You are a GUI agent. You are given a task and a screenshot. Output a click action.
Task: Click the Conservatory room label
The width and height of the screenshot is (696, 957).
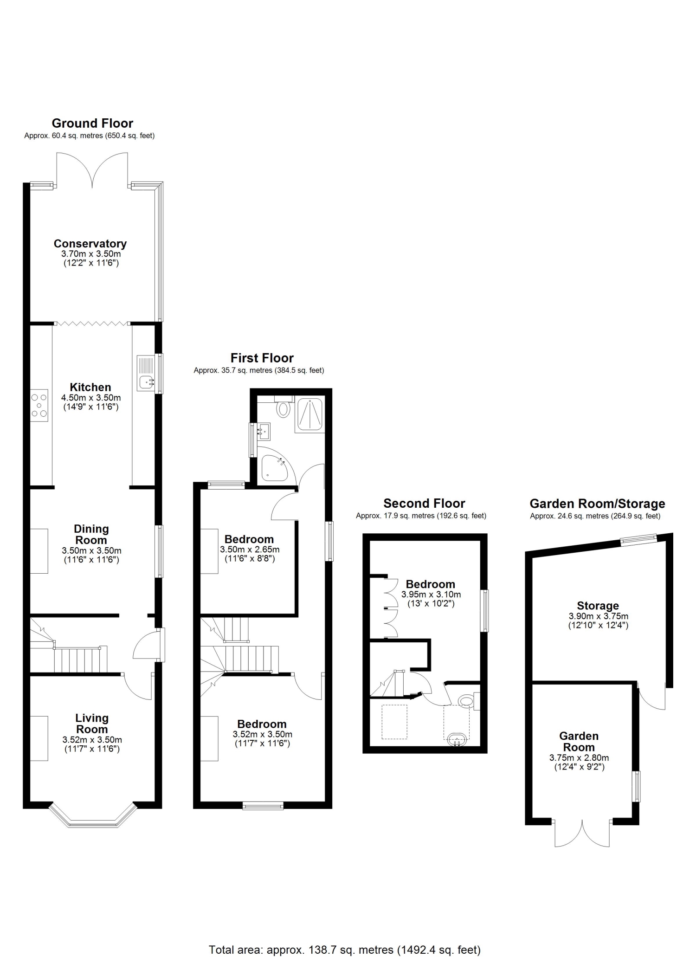(x=90, y=244)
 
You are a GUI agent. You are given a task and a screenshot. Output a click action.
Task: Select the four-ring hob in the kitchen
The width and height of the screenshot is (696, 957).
(x=39, y=405)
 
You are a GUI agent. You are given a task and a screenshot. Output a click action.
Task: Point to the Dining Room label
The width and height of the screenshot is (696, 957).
(x=91, y=535)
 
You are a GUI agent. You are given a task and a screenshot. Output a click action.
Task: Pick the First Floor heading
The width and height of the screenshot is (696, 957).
(x=262, y=358)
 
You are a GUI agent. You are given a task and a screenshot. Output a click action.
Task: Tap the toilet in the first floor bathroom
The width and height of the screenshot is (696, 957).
(x=283, y=407)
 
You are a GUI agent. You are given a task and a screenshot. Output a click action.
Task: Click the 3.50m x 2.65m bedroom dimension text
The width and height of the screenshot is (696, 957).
(x=250, y=550)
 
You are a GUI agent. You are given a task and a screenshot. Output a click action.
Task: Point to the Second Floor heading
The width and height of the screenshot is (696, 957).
(x=424, y=504)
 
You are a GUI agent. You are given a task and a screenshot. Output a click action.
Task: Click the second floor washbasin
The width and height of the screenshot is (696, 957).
(x=457, y=740)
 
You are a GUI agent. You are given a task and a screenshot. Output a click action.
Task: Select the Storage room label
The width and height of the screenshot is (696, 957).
(x=598, y=606)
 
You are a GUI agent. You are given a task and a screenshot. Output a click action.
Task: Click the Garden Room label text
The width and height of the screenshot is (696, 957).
(x=579, y=742)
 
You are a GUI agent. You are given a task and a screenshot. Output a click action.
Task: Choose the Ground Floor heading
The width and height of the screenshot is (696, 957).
(x=92, y=123)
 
